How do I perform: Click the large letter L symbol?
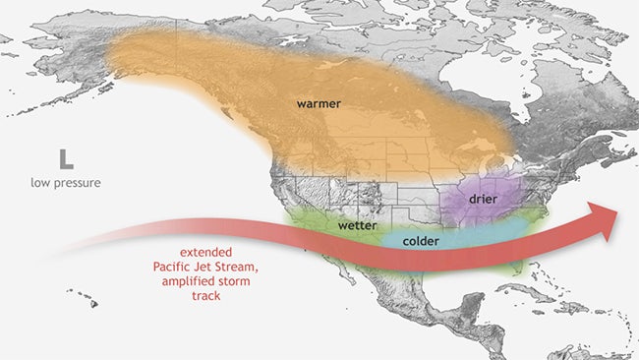pyautogui.click(x=66, y=158)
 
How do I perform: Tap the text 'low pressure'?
pyautogui.click(x=67, y=183)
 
